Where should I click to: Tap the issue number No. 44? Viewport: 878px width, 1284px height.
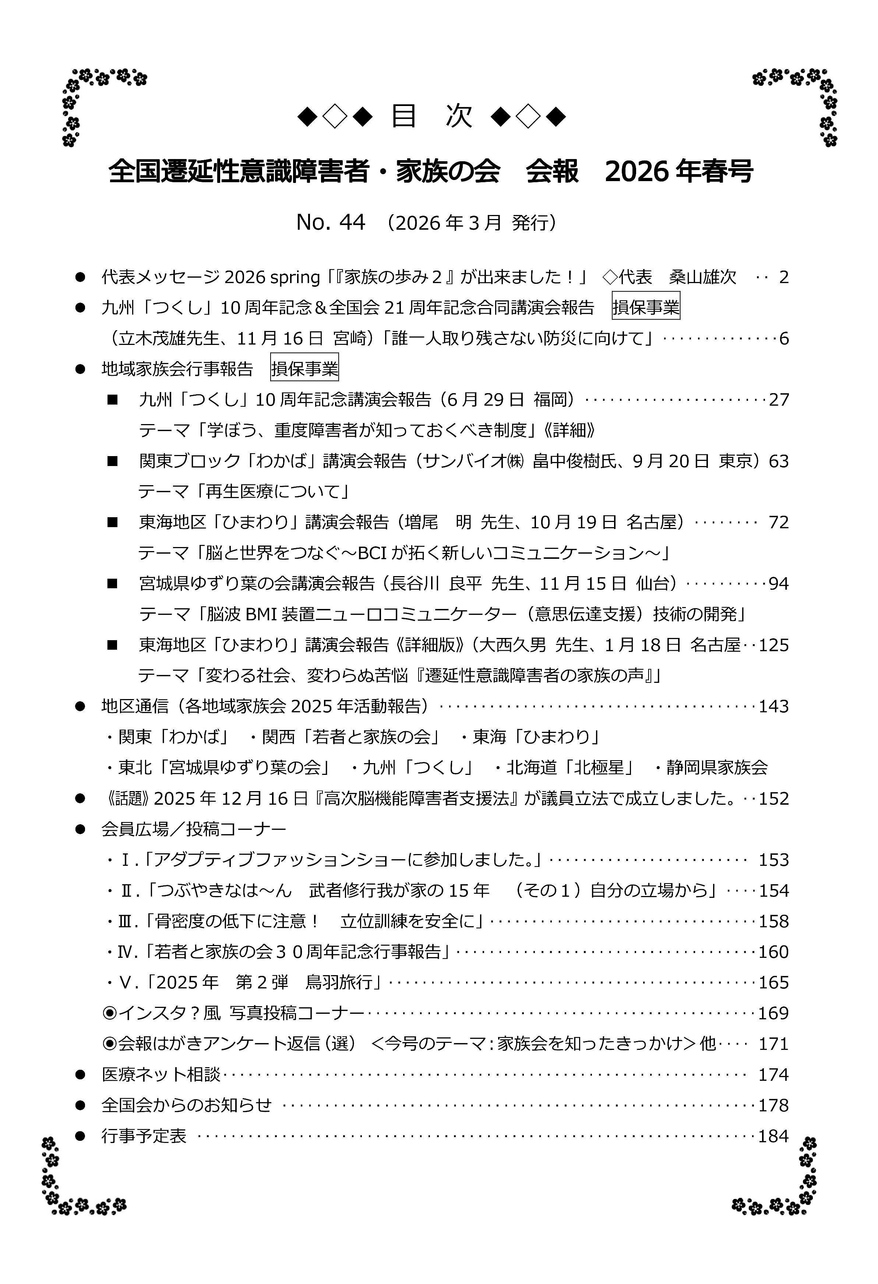pyautogui.click(x=331, y=223)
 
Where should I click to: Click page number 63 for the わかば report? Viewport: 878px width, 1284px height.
pyautogui.click(x=779, y=461)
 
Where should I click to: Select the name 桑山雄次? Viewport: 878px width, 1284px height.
pyautogui.click(x=703, y=277)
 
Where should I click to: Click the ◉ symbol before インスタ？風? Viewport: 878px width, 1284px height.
pyautogui.click(x=109, y=1013)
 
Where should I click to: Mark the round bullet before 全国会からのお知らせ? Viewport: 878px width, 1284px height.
pyautogui.click(x=81, y=1105)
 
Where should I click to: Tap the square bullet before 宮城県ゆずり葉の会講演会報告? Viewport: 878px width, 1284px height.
pyautogui.click(x=113, y=584)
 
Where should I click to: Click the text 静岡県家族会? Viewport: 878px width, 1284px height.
pyautogui.click(x=717, y=768)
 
